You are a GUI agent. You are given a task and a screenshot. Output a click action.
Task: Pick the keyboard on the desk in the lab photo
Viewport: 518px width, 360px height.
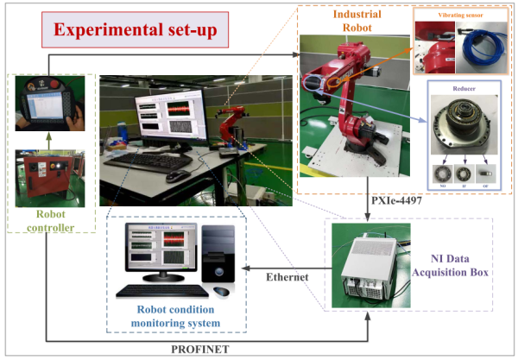coord(148,161)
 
